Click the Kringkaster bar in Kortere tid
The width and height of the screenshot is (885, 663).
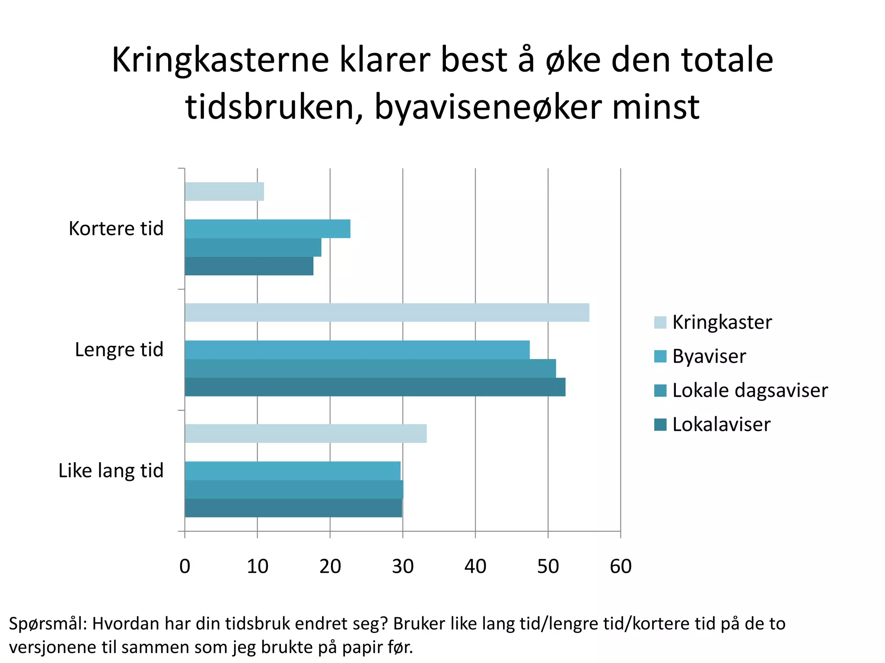[224, 192]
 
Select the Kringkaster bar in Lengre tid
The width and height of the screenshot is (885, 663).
[387, 313]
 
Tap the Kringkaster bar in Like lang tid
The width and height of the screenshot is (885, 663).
[306, 433]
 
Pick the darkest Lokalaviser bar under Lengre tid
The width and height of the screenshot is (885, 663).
[375, 387]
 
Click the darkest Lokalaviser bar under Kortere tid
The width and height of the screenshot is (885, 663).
[249, 266]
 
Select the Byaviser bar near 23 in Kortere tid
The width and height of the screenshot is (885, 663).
[267, 229]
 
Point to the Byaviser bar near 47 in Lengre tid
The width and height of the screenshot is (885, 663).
[357, 350]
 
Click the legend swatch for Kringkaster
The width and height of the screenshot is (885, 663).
[660, 322]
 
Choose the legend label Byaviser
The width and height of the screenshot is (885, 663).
[709, 357]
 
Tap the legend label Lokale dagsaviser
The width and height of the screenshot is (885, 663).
[750, 391]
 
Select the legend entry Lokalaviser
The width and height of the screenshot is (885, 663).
[721, 425]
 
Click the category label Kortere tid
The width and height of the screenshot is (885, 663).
[116, 229]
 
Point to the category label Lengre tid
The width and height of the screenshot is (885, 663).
[119, 350]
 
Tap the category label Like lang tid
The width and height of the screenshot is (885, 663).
[111, 471]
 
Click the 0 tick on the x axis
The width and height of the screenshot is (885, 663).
[185, 566]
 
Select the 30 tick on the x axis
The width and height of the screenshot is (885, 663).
[403, 566]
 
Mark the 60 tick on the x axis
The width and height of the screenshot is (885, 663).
[621, 566]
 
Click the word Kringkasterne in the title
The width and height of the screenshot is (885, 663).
[220, 60]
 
